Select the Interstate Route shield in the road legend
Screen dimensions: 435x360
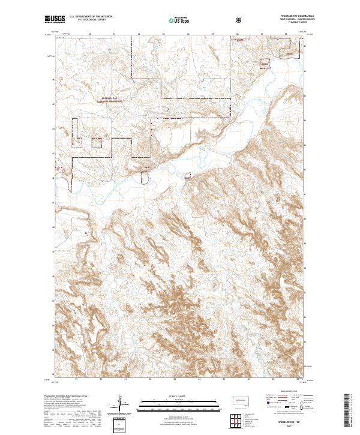262,403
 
